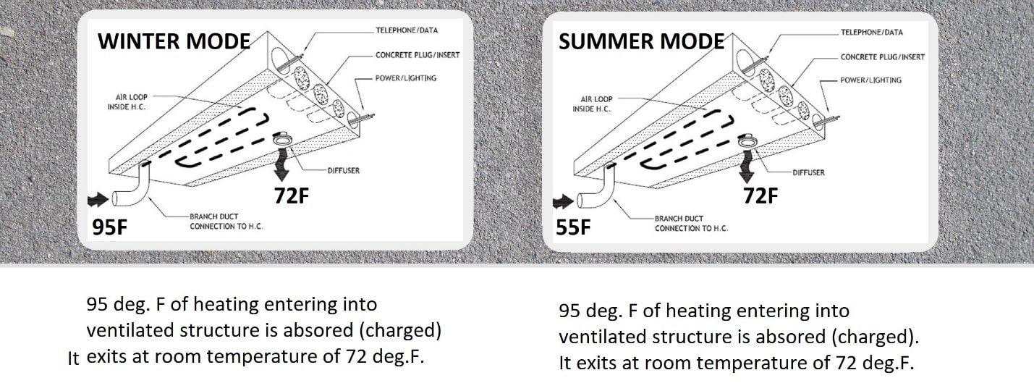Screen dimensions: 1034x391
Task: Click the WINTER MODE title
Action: point(174,41)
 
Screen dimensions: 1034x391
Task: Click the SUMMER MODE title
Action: point(641,41)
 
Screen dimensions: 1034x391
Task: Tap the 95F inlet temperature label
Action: point(110,227)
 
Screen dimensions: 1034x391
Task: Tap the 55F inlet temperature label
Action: point(573,227)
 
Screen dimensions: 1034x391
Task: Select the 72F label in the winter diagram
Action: point(292,195)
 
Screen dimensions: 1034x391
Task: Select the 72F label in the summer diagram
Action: point(760,195)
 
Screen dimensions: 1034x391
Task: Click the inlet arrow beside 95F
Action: point(98,200)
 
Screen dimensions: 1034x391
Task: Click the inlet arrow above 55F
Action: point(563,201)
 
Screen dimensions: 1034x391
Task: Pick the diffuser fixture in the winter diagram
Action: point(281,138)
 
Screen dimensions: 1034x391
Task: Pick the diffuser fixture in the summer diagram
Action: point(747,140)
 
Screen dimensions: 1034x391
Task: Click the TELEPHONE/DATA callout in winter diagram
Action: point(407,30)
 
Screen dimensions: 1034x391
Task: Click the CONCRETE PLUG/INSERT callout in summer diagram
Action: point(883,57)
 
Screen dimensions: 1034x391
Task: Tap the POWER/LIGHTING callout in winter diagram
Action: point(406,78)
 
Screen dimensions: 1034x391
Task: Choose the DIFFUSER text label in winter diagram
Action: point(344,171)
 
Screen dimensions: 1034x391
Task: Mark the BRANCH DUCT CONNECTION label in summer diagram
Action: point(691,223)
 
